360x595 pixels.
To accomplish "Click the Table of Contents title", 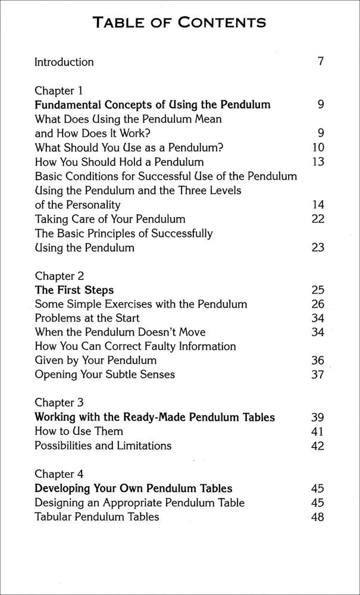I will tap(180, 23).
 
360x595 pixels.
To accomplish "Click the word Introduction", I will tap(64, 62).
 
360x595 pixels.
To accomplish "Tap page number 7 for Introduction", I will tap(320, 62).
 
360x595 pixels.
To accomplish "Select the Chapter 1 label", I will tap(59, 91).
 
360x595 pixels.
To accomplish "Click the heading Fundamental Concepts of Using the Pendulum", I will tap(152, 105).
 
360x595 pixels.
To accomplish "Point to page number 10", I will tap(318, 148).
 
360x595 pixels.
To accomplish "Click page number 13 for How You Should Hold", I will tap(318, 162).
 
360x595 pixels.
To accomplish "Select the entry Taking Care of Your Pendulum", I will tap(110, 219).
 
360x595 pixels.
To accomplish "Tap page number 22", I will tap(318, 219).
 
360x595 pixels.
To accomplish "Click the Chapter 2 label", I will tap(60, 276).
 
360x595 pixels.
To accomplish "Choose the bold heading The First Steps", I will tap(74, 290).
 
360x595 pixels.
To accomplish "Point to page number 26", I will tap(318, 305).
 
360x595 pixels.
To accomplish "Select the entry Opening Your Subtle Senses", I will tap(105, 375).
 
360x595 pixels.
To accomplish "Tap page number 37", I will tap(318, 375).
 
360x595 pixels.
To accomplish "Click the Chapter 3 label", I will tap(60, 403).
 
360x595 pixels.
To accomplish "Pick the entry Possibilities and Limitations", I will tap(103, 446).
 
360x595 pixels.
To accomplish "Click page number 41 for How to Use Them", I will tap(318, 431).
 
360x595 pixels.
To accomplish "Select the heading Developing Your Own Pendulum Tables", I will tap(133, 488).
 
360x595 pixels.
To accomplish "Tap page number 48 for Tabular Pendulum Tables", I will tap(318, 517).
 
